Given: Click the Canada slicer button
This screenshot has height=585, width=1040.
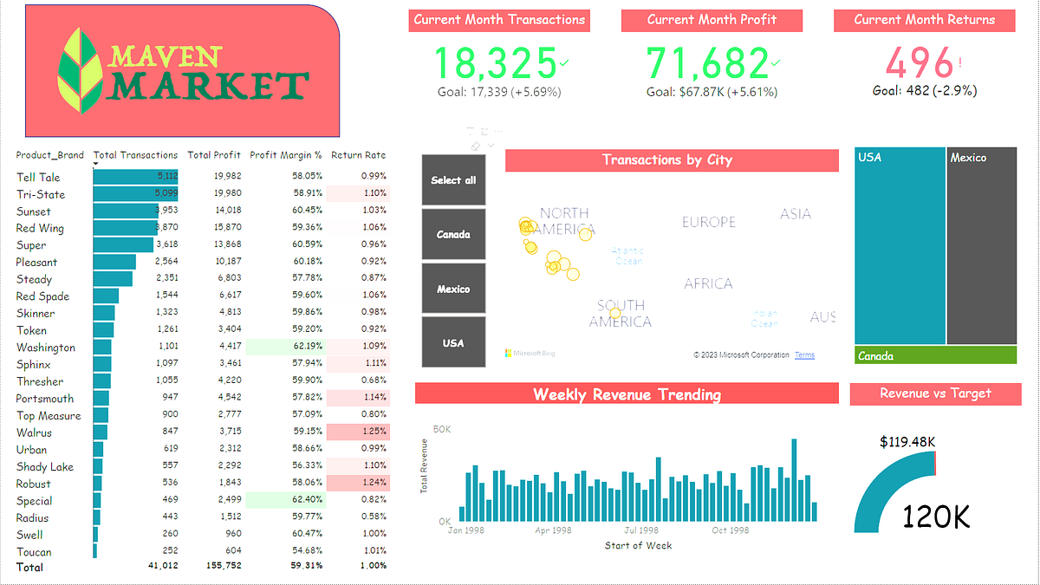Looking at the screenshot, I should tap(453, 234).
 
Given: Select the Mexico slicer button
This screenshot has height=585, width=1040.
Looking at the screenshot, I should tap(453, 289).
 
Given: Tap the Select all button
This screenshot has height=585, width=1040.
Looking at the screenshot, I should tap(453, 180).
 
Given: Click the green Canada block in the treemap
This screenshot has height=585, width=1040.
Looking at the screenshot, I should tap(935, 355).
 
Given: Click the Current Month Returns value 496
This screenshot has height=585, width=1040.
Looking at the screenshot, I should tap(919, 62).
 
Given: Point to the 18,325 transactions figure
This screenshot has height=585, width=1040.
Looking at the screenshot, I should tap(495, 62).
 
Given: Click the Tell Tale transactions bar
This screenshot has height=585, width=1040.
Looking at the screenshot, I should tap(135, 177).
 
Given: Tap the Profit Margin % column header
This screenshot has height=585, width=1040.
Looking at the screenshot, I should tap(285, 155).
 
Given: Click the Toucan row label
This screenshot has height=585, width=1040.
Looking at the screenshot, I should tap(34, 552).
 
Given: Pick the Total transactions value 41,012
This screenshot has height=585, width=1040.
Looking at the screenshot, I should tap(161, 567).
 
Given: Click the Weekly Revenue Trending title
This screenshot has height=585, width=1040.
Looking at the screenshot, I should tap(627, 394).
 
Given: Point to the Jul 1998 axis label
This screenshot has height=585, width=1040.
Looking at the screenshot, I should tap(641, 530).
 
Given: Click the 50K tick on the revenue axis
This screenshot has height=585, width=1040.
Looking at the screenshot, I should tap(442, 430).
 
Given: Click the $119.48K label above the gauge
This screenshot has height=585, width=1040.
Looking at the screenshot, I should tap(907, 442).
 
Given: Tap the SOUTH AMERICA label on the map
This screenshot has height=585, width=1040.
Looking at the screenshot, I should tap(621, 314).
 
